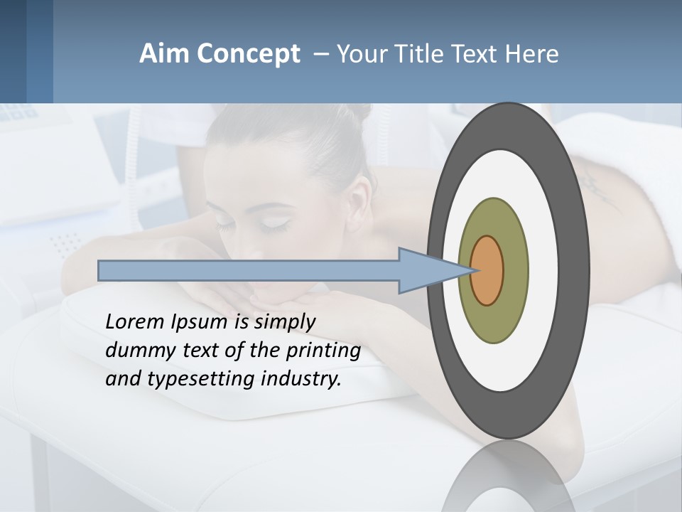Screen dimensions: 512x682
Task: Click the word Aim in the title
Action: [x=165, y=54]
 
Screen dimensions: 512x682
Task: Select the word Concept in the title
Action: [x=248, y=54]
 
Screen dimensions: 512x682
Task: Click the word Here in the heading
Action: [x=532, y=54]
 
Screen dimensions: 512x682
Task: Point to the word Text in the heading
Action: [x=480, y=54]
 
